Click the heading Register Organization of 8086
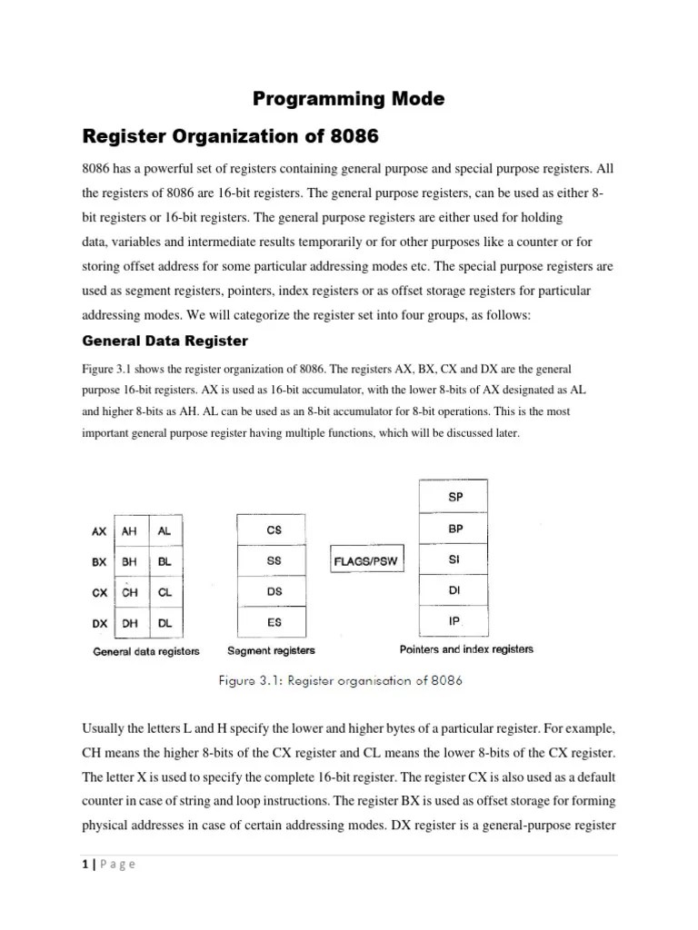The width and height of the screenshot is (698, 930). click(x=230, y=138)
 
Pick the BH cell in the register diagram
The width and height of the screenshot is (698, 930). click(x=131, y=561)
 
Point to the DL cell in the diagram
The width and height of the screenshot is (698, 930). click(x=165, y=624)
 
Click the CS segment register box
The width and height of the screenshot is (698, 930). click(x=274, y=529)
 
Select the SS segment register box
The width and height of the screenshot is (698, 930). click(x=274, y=561)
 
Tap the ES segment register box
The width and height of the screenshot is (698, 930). click(x=274, y=624)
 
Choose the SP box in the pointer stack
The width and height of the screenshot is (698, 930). click(x=455, y=498)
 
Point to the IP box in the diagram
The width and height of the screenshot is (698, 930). click(x=455, y=622)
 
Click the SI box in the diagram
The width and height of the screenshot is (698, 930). click(x=455, y=559)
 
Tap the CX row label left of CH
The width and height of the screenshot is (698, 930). click(x=99, y=593)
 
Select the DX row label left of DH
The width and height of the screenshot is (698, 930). click(x=99, y=624)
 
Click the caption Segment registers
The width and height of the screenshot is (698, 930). click(x=271, y=651)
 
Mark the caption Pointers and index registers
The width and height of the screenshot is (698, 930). click(x=466, y=650)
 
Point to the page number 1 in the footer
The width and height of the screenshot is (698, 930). click(x=83, y=865)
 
